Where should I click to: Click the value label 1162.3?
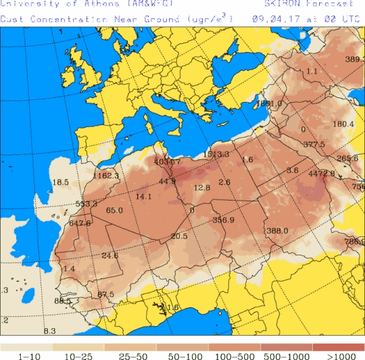106,176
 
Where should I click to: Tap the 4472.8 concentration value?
321,174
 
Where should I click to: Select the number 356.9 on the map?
223,220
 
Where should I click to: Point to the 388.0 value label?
277,231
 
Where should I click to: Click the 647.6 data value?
80,223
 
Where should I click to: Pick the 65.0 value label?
114,211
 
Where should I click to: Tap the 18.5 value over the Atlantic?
61,182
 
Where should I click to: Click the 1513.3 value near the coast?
216,155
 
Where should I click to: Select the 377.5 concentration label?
314,145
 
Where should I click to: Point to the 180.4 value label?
343,124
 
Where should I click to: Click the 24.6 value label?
109,255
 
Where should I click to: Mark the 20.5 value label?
179,236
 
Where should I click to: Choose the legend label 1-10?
26,355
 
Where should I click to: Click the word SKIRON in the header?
281,4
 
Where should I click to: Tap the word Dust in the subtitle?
11,19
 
